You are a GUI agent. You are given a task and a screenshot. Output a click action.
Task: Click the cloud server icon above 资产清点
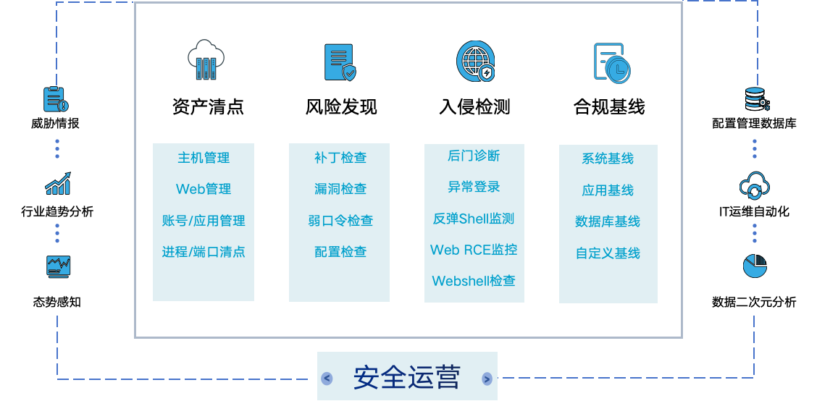206,60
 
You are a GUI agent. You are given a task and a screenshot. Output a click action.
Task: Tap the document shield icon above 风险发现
340,62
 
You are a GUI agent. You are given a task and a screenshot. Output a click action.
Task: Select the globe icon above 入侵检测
475,62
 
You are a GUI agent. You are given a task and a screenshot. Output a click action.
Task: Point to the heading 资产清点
208,106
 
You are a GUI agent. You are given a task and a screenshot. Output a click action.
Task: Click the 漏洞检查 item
340,188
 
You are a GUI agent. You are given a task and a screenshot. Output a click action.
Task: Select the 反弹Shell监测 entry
474,218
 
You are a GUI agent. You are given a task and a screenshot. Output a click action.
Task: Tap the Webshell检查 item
474,281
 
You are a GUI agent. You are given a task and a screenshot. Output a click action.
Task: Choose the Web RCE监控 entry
474,250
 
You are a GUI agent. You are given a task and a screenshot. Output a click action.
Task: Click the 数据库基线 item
608,221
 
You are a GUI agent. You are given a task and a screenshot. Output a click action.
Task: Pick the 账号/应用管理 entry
204,220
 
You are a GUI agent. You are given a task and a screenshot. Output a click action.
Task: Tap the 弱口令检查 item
340,220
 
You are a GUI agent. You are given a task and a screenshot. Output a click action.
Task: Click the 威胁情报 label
55,124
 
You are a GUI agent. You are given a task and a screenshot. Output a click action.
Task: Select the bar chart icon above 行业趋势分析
58,183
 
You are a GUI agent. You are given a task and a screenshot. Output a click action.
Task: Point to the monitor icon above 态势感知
58,267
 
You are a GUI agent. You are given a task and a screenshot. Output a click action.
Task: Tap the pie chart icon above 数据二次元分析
755,266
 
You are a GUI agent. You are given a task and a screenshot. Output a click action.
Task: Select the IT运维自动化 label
754,211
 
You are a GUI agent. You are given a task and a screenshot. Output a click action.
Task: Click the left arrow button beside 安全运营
327,379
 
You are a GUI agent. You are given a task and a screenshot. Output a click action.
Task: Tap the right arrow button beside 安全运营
487,379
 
